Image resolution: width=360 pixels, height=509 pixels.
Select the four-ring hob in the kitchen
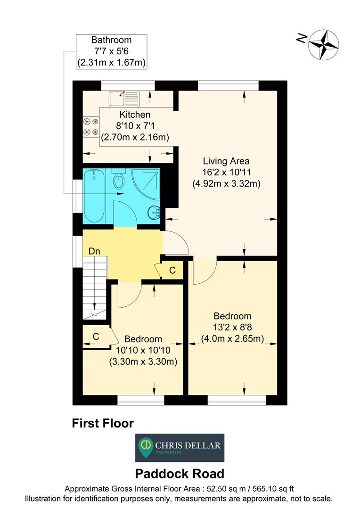tap(90, 126)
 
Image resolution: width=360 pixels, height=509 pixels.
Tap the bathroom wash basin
tap(154, 213)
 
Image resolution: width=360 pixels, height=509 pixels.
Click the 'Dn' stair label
tap(94, 251)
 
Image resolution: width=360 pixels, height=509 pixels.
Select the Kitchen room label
tap(135, 115)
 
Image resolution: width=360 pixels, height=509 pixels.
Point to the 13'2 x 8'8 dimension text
tap(232, 327)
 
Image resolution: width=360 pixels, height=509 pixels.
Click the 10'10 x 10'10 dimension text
tap(143, 350)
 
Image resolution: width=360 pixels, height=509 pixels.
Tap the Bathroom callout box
tap(111, 51)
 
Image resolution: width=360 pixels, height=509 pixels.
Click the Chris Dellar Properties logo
tap(180, 447)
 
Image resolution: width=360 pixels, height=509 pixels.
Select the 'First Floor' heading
tap(103, 423)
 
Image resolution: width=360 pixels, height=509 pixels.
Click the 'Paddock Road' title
tap(180, 473)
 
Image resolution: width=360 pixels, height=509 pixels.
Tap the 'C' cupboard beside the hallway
tap(172, 271)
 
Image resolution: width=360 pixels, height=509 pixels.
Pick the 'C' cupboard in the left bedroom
tap(96, 337)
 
